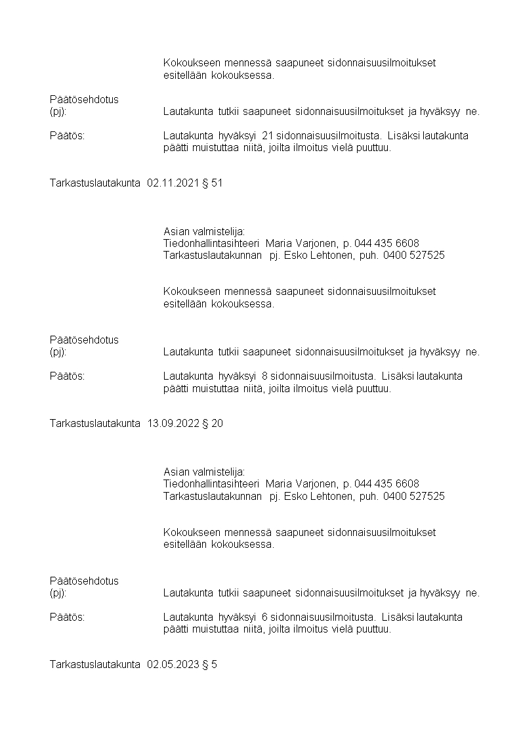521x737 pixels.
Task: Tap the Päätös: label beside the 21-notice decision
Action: click(67, 136)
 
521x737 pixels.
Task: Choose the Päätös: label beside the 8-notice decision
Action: click(67, 376)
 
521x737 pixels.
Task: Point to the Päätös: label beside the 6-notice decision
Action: click(67, 617)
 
